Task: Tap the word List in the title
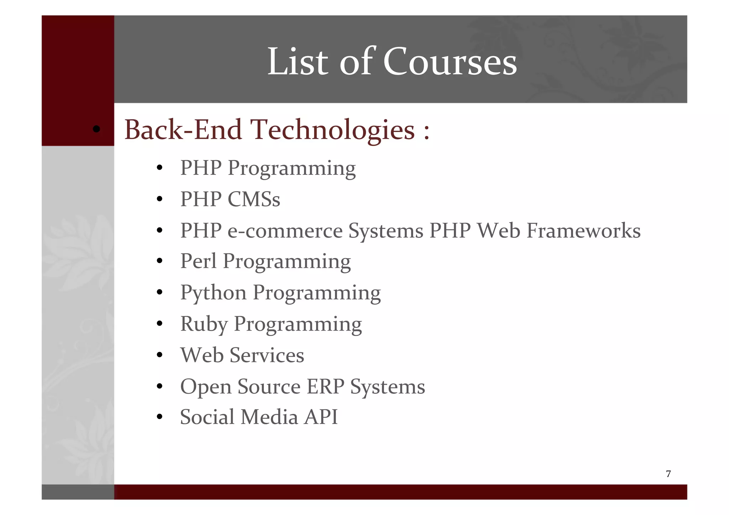tap(298, 62)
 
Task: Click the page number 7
tap(668, 474)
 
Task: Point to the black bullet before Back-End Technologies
tap(96, 129)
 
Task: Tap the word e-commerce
tap(285, 231)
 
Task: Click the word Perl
tap(198, 261)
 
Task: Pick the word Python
tap(213, 293)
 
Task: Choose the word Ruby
tap(204, 324)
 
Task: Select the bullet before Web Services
tap(159, 355)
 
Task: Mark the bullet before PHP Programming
tap(159, 168)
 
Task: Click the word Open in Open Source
tap(205, 387)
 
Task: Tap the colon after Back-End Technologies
tap(426, 131)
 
